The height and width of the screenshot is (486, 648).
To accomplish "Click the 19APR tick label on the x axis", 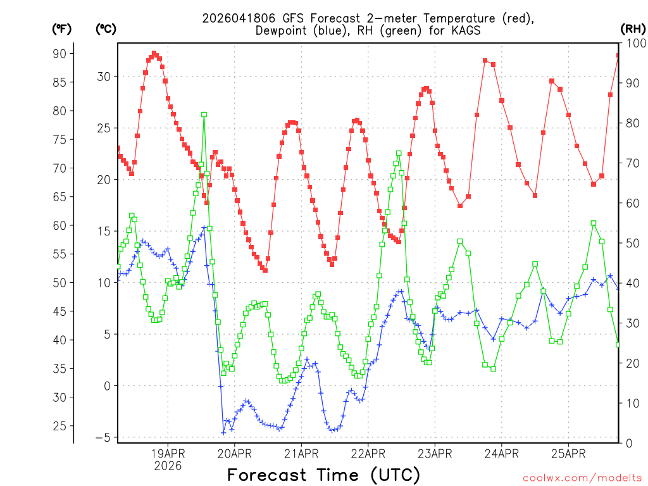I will (168, 453).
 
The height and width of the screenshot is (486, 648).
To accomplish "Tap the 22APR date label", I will (368, 453).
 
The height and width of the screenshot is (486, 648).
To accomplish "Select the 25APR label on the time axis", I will (568, 453).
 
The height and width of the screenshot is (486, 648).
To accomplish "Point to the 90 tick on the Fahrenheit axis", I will (59, 53).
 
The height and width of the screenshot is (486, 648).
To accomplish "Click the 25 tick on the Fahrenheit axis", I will (59, 426).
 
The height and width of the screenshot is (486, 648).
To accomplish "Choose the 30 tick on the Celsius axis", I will (103, 77).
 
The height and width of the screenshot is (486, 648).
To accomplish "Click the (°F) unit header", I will (61, 28).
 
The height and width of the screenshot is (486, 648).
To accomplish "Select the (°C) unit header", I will (105, 28).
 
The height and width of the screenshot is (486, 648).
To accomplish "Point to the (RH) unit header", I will (633, 28).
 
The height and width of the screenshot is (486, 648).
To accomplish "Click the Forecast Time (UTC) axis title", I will (323, 475).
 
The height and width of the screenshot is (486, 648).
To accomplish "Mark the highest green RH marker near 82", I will (204, 115).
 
